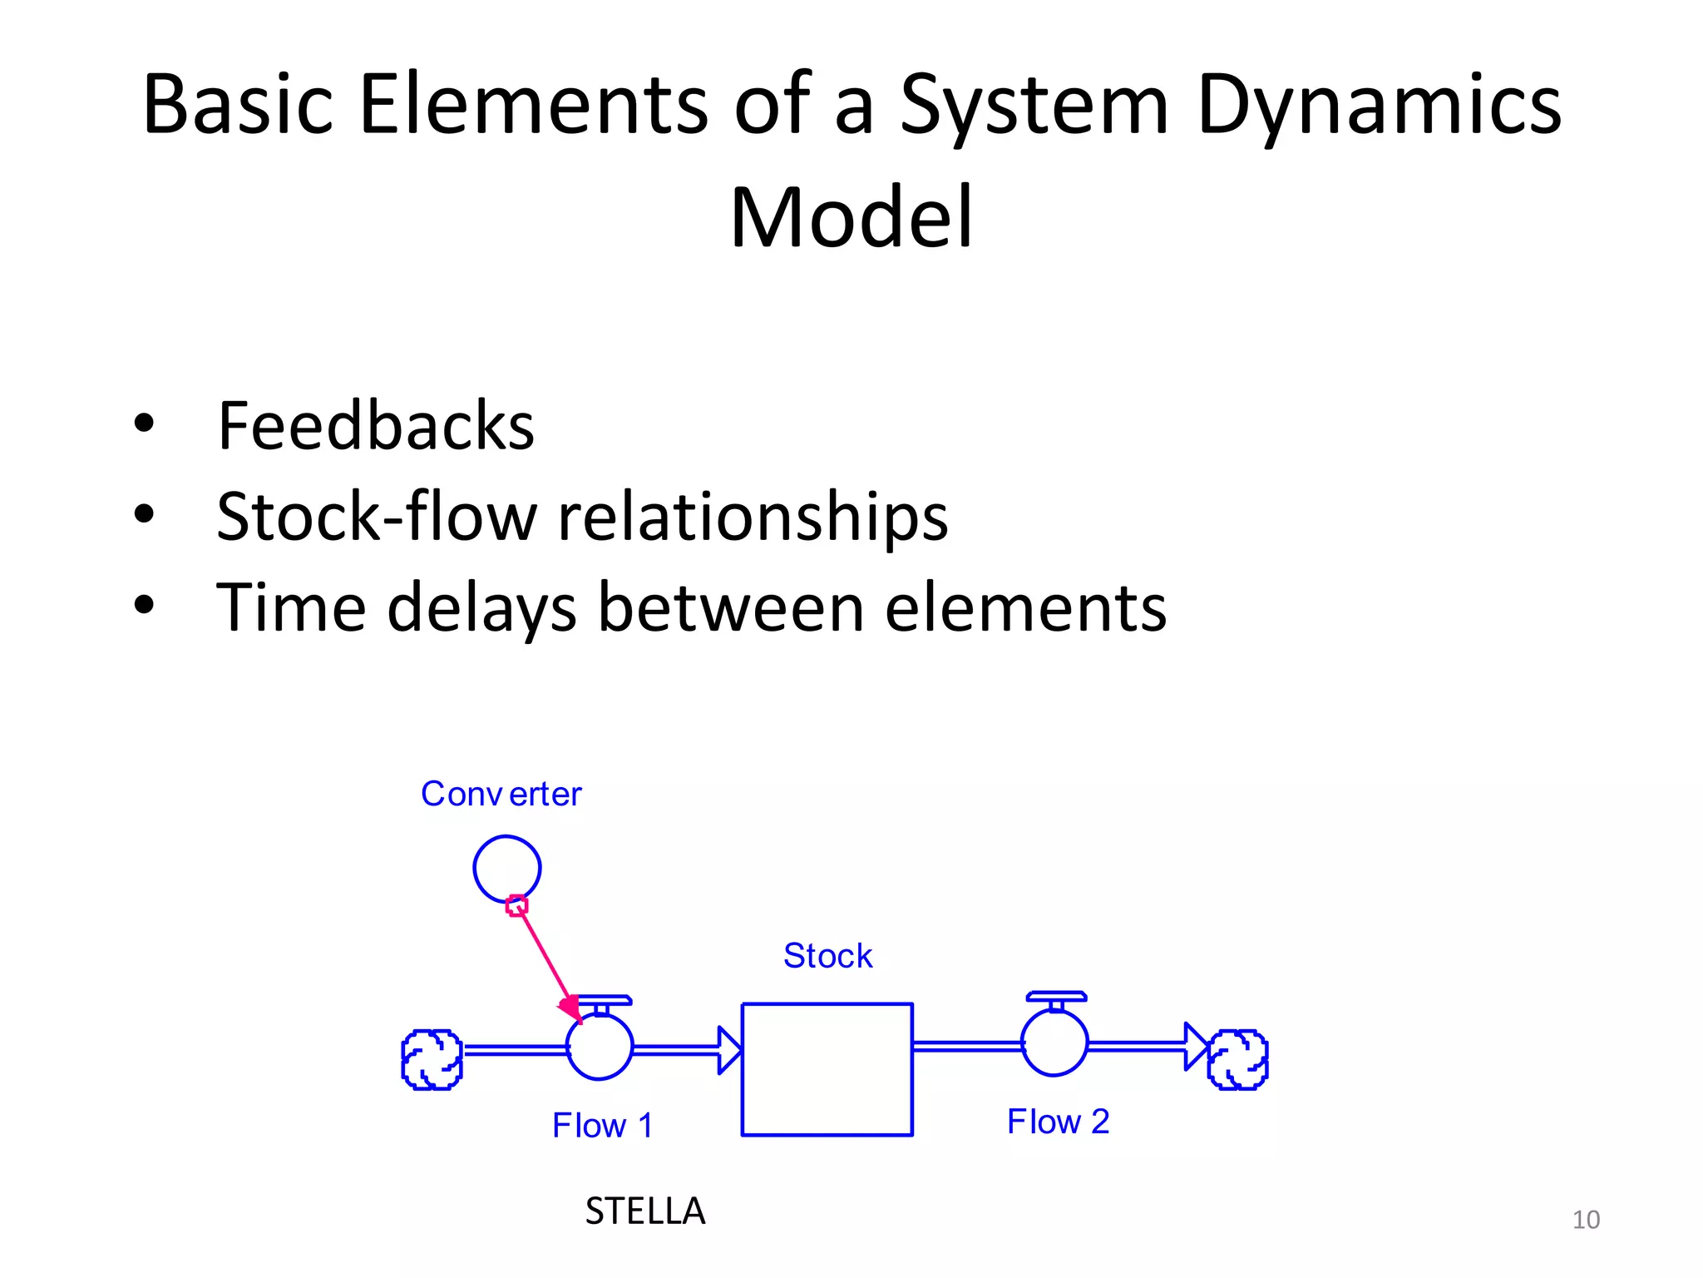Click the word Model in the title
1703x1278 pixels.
[x=851, y=218]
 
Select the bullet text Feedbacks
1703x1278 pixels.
[x=375, y=426]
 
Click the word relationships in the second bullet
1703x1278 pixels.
[x=752, y=517]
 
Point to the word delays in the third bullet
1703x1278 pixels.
[x=481, y=608]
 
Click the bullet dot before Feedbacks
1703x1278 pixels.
[x=144, y=424]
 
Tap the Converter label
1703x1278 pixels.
[x=501, y=794]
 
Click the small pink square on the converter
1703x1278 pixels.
[x=517, y=905]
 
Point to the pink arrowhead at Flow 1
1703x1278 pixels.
[x=571, y=1009]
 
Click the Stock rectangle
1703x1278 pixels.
[x=827, y=1069]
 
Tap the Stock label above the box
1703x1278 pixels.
[x=827, y=956]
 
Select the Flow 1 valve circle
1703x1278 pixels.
[x=600, y=1047]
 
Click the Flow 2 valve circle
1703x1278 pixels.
[x=1054, y=1043]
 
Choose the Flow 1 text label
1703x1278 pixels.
[x=603, y=1126]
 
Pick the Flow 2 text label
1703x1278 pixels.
[x=1058, y=1122]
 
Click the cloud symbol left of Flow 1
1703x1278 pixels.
[x=432, y=1059]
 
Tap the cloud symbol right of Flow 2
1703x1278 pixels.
[x=1237, y=1059]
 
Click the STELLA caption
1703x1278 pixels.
[x=644, y=1211]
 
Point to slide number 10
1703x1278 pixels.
[x=1586, y=1220]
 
